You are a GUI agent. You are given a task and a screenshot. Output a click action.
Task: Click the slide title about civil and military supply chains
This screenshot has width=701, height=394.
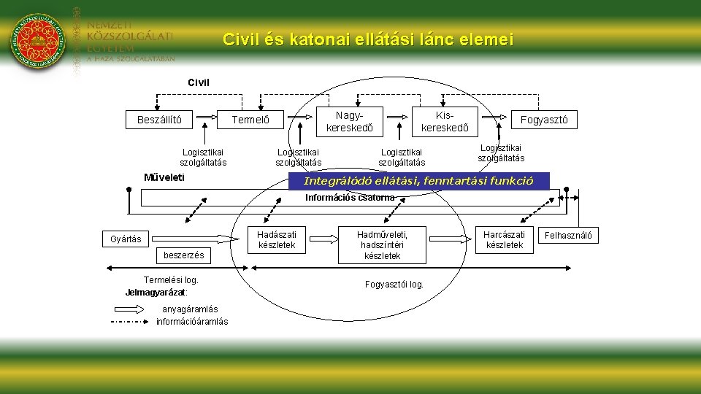pyautogui.click(x=368, y=39)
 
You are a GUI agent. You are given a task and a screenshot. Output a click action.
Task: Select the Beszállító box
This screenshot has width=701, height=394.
pyautogui.click(x=159, y=120)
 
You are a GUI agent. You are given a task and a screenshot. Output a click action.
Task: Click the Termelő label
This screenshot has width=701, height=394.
pyautogui.click(x=250, y=120)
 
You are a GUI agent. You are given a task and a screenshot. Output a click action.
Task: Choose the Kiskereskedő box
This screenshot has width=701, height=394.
pyautogui.click(x=445, y=122)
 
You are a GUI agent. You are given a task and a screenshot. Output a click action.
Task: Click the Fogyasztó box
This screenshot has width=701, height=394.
pyautogui.click(x=543, y=120)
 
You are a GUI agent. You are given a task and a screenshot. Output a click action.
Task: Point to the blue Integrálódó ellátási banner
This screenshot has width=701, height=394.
pyautogui.click(x=418, y=181)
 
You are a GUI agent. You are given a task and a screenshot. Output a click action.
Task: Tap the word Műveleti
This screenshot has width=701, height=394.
pyautogui.click(x=164, y=177)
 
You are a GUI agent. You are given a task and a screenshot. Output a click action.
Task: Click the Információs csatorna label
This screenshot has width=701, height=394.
pyautogui.click(x=350, y=197)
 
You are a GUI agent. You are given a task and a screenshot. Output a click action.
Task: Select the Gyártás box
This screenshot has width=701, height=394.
pyautogui.click(x=126, y=239)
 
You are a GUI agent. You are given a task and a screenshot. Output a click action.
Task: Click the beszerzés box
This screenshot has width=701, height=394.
pyautogui.click(x=183, y=255)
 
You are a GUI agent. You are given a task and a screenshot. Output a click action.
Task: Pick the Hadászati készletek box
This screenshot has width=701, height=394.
pyautogui.click(x=277, y=239)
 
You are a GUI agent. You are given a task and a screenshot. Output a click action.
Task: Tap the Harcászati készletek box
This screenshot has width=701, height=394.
pyautogui.click(x=504, y=239)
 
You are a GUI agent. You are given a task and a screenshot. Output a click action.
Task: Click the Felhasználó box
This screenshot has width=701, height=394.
pyautogui.click(x=568, y=235)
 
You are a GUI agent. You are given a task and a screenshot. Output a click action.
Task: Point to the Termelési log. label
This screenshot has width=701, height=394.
pyautogui.click(x=171, y=279)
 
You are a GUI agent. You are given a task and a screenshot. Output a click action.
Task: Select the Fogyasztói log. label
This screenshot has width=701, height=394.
pyautogui.click(x=394, y=284)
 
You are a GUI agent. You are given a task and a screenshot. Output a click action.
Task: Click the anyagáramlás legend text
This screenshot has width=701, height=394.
pyautogui.click(x=187, y=309)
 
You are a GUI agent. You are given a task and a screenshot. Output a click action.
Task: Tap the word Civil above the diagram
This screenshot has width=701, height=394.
pyautogui.click(x=199, y=82)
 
